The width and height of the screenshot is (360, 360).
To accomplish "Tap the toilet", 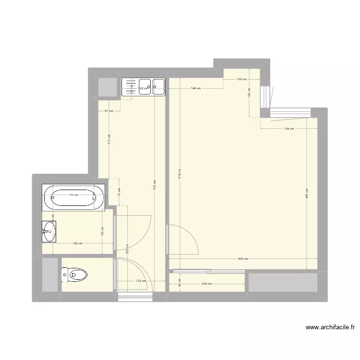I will click(x=75, y=275).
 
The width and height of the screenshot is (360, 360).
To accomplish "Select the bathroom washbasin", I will click(x=48, y=231).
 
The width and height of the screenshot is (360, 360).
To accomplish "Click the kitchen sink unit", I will click(x=144, y=87).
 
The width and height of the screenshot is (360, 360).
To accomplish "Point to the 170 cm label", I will click(x=73, y=195).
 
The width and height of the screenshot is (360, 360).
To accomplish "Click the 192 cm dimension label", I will click(x=77, y=243).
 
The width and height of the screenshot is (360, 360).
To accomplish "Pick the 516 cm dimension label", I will click(x=179, y=173).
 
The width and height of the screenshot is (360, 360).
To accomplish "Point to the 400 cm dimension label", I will click(x=243, y=259).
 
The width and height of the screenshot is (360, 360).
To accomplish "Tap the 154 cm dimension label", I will click(x=288, y=129).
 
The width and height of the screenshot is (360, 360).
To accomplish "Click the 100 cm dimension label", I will click(x=241, y=79).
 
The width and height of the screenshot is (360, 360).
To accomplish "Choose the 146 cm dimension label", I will click(x=195, y=88).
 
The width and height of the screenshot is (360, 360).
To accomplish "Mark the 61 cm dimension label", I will click(x=109, y=111).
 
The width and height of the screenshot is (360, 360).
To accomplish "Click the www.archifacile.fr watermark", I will click(x=330, y=328).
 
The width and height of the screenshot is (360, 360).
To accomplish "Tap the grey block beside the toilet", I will click(x=49, y=275).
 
